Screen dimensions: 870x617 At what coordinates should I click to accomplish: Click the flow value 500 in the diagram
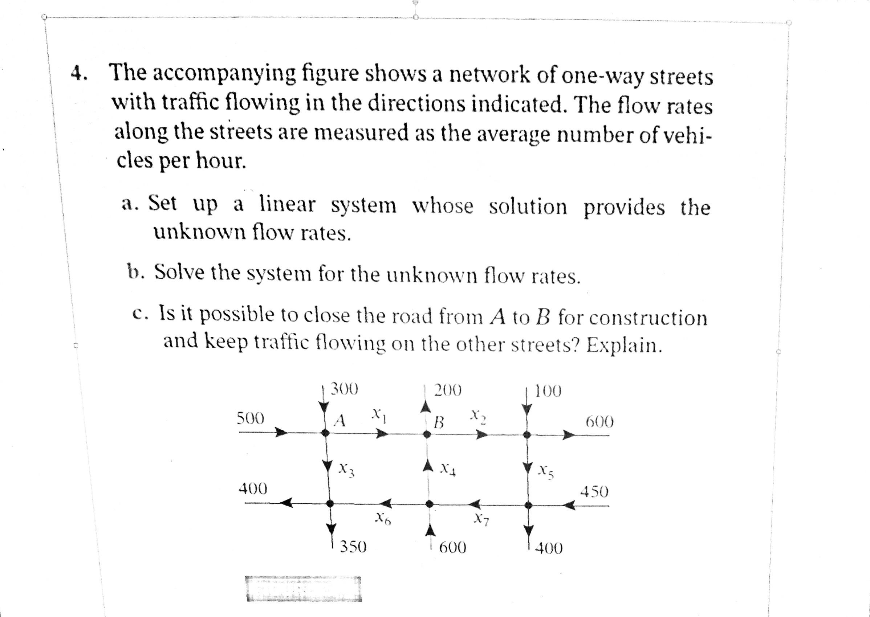[251, 418]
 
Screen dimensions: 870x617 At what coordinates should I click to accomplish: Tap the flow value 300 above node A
[344, 389]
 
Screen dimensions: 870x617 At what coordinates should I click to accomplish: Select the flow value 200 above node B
[448, 390]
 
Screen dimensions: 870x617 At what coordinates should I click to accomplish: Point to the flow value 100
[548, 391]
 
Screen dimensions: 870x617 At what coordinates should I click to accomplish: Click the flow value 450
[594, 492]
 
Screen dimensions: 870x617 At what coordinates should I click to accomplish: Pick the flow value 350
[353, 547]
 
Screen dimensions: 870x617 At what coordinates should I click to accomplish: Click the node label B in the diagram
[439, 422]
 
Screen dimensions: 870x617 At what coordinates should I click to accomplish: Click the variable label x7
[481, 520]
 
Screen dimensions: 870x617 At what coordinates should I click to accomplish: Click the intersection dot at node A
[325, 432]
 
